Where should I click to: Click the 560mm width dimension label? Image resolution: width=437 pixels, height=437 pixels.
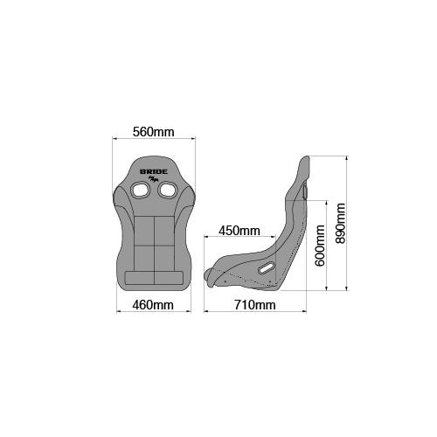point(154,132)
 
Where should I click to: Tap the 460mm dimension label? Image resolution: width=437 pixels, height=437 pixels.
point(153,305)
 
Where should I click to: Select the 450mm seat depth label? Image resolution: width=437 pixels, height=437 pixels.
point(239,231)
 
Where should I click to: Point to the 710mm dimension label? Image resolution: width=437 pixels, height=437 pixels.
point(255,305)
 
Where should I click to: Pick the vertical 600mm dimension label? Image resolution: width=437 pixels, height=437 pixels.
point(320,246)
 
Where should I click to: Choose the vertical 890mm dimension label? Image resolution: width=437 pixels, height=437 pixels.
point(340,223)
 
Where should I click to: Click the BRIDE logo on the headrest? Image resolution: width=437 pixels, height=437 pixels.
point(154,171)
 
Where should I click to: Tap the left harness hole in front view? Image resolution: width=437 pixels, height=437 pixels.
point(141,190)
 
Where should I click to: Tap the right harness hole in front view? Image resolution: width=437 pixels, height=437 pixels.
point(167,190)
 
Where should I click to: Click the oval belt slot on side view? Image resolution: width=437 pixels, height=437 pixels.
point(266,268)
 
